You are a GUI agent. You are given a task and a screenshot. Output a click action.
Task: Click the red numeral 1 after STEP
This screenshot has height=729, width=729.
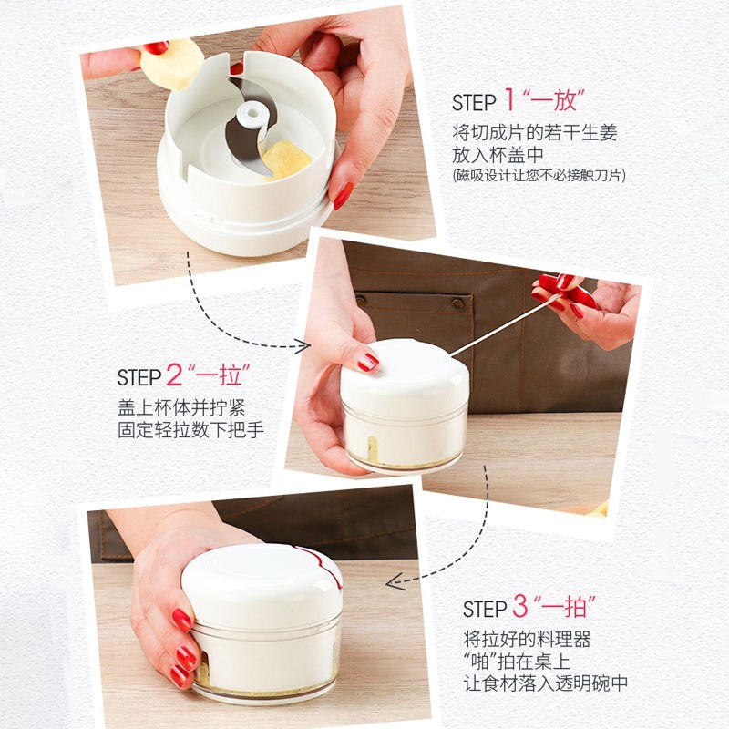(x=510, y=99)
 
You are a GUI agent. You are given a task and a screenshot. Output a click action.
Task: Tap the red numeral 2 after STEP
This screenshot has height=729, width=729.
(x=174, y=375)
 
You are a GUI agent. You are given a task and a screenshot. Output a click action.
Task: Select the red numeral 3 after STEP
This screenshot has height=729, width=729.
(x=520, y=605)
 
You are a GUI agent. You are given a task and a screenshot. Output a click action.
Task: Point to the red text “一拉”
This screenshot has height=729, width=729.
(x=220, y=375)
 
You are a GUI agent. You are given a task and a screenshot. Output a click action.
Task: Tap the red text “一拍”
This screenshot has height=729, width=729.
(x=565, y=605)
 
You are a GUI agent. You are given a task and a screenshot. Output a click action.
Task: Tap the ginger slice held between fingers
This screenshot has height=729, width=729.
(x=172, y=64)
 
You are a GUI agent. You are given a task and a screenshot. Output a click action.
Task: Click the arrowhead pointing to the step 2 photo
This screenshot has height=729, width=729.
(x=303, y=346)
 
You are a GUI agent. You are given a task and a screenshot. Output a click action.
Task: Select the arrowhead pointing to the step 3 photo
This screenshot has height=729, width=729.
(x=394, y=582)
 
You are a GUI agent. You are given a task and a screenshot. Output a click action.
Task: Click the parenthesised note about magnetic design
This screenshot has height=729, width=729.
(x=539, y=176)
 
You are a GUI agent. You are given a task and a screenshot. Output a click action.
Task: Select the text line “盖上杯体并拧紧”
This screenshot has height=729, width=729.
(x=180, y=408)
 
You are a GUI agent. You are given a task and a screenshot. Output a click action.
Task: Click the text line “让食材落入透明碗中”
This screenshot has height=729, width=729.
(x=545, y=683)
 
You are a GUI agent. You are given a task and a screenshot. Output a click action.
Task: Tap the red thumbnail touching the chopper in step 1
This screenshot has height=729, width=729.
(x=344, y=196)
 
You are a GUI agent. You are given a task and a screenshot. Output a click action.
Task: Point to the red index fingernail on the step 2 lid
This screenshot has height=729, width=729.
(x=368, y=362)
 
